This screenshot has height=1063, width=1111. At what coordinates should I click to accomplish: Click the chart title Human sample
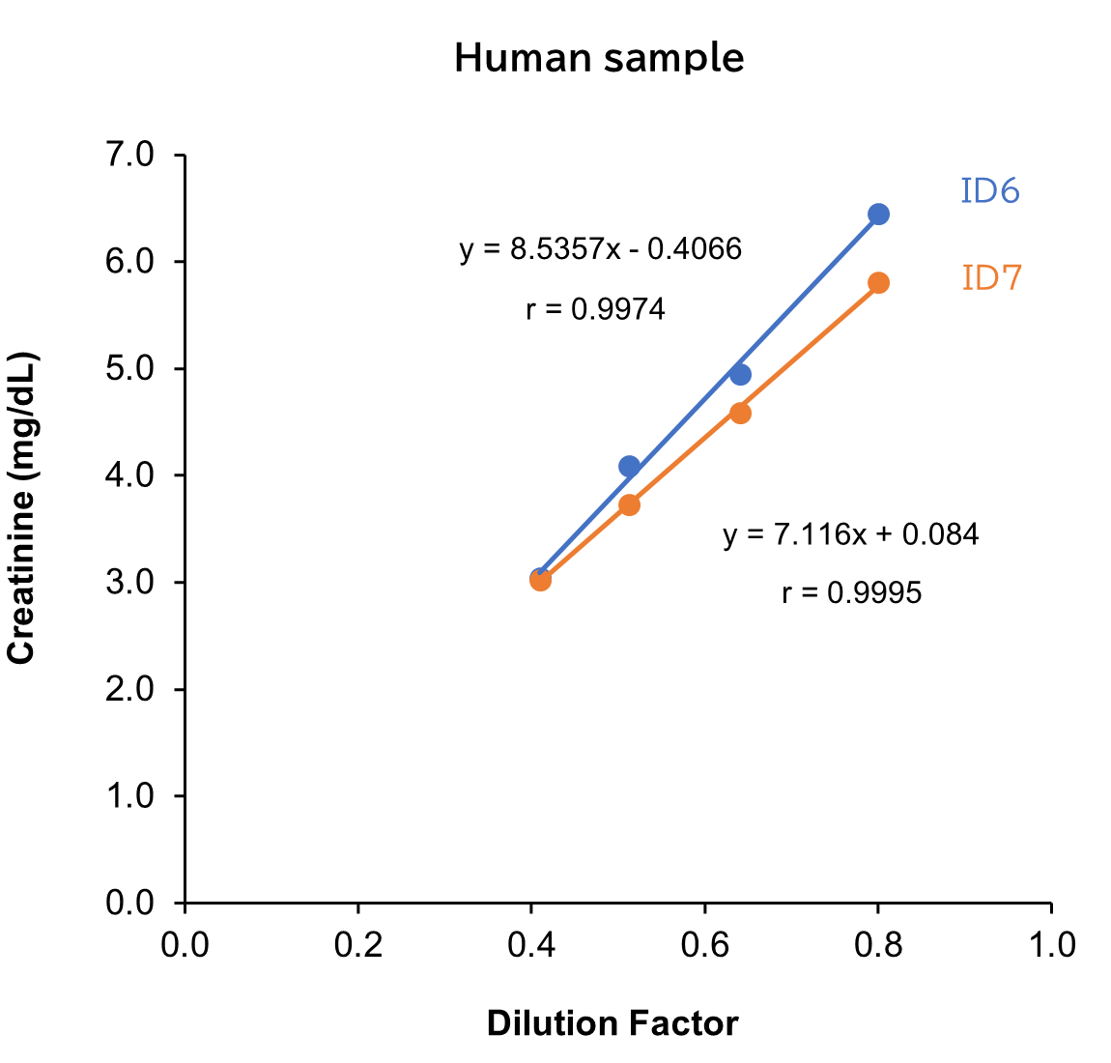point(599,58)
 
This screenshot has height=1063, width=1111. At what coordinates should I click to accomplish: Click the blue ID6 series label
point(990,191)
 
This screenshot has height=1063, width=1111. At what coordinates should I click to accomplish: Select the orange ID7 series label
point(992,278)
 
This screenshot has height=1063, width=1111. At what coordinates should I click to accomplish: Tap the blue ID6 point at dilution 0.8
point(878,214)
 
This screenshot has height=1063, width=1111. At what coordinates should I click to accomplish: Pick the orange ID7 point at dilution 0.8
point(878,282)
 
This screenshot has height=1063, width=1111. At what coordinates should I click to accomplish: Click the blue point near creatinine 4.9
point(740,374)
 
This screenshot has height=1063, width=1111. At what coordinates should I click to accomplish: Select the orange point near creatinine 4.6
point(740,413)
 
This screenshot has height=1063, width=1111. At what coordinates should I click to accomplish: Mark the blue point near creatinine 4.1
point(629,466)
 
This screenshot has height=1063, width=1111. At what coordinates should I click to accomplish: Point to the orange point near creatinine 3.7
point(629,504)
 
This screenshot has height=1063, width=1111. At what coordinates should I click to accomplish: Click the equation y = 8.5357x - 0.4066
point(601,249)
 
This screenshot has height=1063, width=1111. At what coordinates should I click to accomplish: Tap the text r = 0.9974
point(595,309)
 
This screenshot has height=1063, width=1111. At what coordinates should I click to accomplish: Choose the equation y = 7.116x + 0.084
point(850,533)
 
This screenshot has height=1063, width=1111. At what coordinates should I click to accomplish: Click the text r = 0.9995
point(851,592)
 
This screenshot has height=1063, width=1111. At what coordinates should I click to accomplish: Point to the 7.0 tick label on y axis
point(130,155)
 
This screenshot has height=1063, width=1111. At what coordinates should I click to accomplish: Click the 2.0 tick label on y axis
point(130,689)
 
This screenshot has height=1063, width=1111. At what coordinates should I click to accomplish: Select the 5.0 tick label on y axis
point(130,368)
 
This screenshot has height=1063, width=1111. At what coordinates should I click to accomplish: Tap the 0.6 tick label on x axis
point(704,944)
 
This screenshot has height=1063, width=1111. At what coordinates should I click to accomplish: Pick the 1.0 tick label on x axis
point(1051,944)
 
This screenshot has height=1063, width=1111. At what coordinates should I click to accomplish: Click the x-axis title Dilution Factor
point(612,1022)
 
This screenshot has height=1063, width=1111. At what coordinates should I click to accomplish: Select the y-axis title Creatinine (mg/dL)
point(21,510)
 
